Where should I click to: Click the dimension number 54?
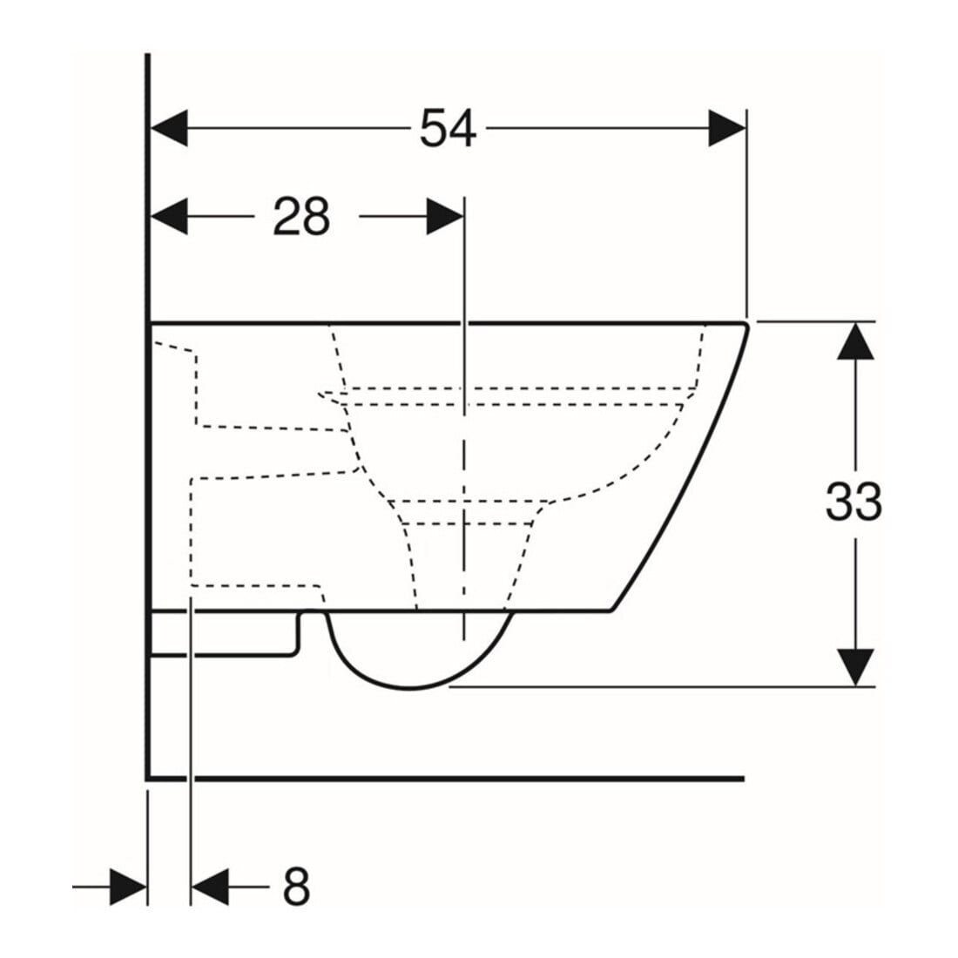[x=448, y=128]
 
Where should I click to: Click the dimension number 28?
[x=301, y=216]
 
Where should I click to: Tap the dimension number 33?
[x=854, y=501]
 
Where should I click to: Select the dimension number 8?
[x=296, y=887]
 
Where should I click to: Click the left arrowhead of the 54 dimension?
[x=169, y=128]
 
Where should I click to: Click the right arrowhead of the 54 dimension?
[x=727, y=128]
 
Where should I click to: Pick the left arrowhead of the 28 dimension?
[x=169, y=216]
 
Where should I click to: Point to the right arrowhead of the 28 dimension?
[x=445, y=216]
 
